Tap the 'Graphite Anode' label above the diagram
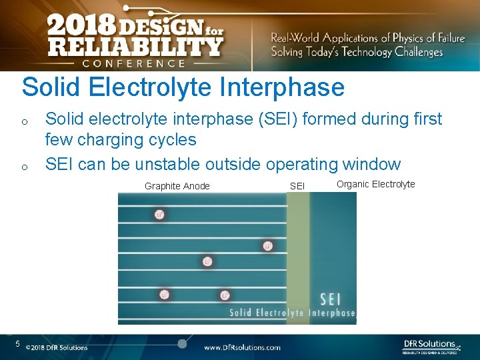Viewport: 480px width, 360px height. point(177,186)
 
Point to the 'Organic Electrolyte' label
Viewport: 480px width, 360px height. point(375,184)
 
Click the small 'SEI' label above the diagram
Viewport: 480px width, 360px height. point(297,186)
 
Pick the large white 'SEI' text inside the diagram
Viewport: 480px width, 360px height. point(332,298)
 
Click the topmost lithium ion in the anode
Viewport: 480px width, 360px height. point(159,214)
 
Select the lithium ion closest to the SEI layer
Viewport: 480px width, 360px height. point(267,246)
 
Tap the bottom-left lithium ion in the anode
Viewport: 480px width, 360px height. point(165,295)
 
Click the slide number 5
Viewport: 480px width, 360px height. point(19,344)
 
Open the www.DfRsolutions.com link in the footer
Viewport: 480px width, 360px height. point(242,347)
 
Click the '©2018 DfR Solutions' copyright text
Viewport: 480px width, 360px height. point(57,347)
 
